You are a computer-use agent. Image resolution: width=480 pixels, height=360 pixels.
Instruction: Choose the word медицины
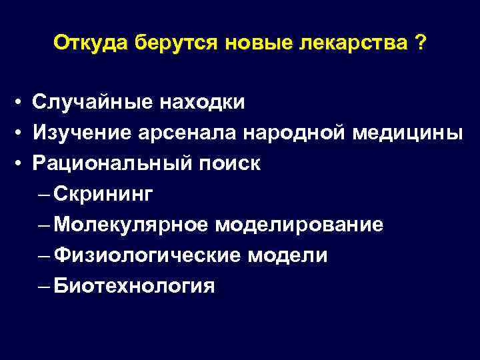click(x=407, y=133)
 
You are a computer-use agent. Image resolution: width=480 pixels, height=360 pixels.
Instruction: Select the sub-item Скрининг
click(x=104, y=194)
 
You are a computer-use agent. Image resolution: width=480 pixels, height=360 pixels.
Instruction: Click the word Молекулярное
click(x=131, y=225)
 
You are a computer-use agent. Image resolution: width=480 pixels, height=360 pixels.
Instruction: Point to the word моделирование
click(x=299, y=225)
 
